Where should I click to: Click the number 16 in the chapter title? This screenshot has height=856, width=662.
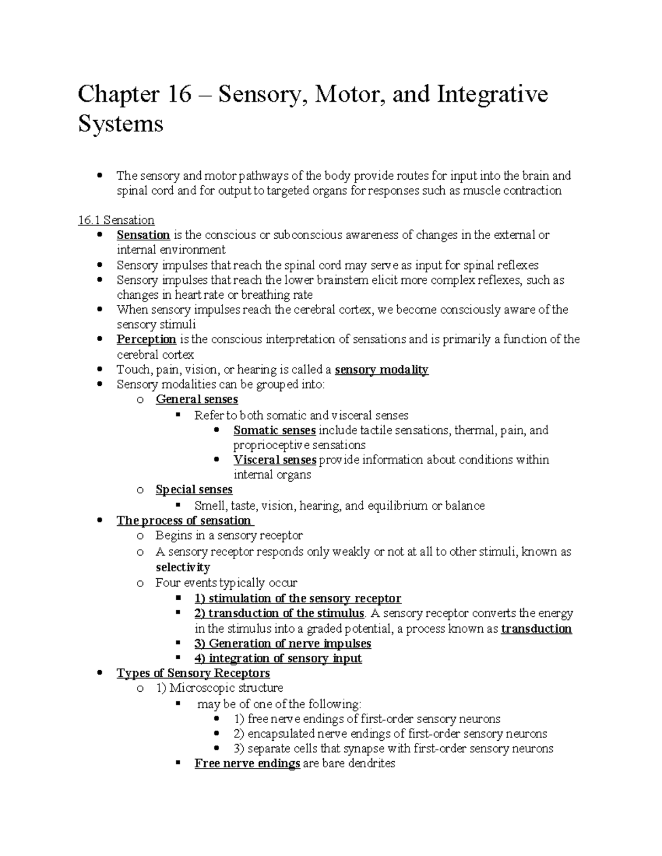(x=177, y=94)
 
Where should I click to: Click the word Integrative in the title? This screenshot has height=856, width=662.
(x=492, y=94)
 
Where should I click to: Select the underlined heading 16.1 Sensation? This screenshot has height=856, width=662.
(x=116, y=220)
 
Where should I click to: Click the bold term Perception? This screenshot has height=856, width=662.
(x=146, y=340)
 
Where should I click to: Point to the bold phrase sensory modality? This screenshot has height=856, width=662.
(x=381, y=370)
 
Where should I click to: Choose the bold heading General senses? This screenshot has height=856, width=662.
(x=196, y=400)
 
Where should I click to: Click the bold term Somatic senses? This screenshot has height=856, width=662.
(x=274, y=430)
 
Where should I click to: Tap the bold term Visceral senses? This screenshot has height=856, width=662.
(x=275, y=460)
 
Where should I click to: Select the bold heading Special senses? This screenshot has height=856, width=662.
(x=194, y=490)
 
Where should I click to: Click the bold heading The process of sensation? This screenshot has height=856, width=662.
(x=184, y=521)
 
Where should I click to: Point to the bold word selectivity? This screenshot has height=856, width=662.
(x=183, y=567)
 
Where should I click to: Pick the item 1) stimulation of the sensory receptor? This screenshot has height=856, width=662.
(x=297, y=599)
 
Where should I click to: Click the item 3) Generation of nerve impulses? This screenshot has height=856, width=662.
(x=282, y=644)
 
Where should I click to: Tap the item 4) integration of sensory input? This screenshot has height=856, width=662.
(x=278, y=659)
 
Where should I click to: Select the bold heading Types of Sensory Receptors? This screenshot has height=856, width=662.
(x=193, y=674)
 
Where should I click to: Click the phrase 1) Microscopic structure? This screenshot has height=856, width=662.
(x=219, y=688)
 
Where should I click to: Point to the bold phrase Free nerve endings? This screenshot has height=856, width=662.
(x=247, y=764)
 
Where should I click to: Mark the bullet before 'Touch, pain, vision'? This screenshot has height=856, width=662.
(x=99, y=370)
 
